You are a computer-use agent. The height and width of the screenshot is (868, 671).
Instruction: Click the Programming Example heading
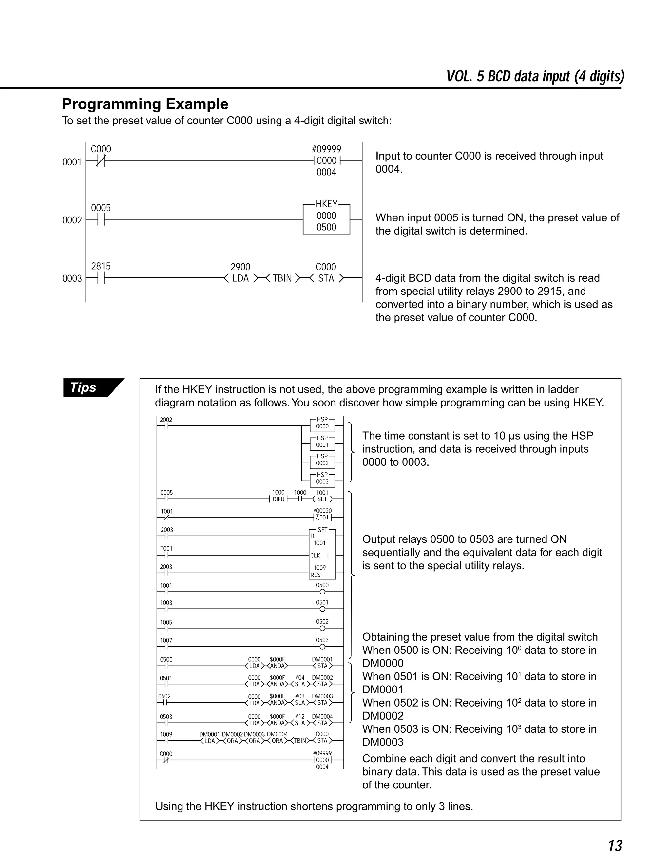[145, 104]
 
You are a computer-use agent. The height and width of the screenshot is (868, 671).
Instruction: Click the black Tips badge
[88, 387]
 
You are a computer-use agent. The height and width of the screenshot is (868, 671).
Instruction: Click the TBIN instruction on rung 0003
[282, 278]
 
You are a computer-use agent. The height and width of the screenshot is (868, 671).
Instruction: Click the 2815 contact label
[101, 266]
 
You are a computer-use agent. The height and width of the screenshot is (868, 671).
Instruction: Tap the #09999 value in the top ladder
[326, 149]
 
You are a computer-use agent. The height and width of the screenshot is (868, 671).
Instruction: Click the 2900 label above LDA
[240, 267]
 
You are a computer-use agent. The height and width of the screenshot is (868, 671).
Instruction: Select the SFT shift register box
[322, 554]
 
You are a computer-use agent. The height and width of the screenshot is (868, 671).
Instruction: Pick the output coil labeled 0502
[322, 628]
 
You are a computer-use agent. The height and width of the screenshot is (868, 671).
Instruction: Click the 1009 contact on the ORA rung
[166, 734]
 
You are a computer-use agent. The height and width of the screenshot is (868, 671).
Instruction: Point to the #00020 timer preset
[322, 511]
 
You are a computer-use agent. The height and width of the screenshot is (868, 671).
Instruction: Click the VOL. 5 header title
[535, 76]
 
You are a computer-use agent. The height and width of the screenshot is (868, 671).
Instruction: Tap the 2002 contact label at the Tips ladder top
[166, 420]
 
